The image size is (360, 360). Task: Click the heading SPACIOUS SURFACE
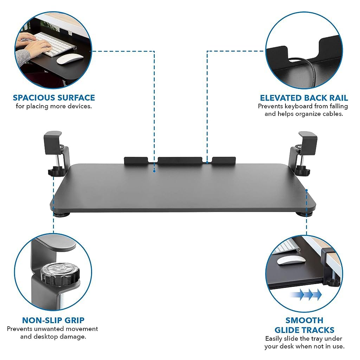pos(54,98)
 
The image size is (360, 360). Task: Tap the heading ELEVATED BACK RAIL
pos(304,98)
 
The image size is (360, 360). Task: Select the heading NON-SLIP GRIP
pos(53,320)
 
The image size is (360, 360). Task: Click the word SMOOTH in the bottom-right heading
pos(304,320)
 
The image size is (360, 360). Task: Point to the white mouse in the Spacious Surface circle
pos(70,59)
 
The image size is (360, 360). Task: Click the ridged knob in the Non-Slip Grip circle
pos(60,274)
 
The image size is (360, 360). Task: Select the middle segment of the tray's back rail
pos(180,160)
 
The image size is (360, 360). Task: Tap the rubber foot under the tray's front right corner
pos(304,214)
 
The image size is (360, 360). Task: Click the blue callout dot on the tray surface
pos(154,171)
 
